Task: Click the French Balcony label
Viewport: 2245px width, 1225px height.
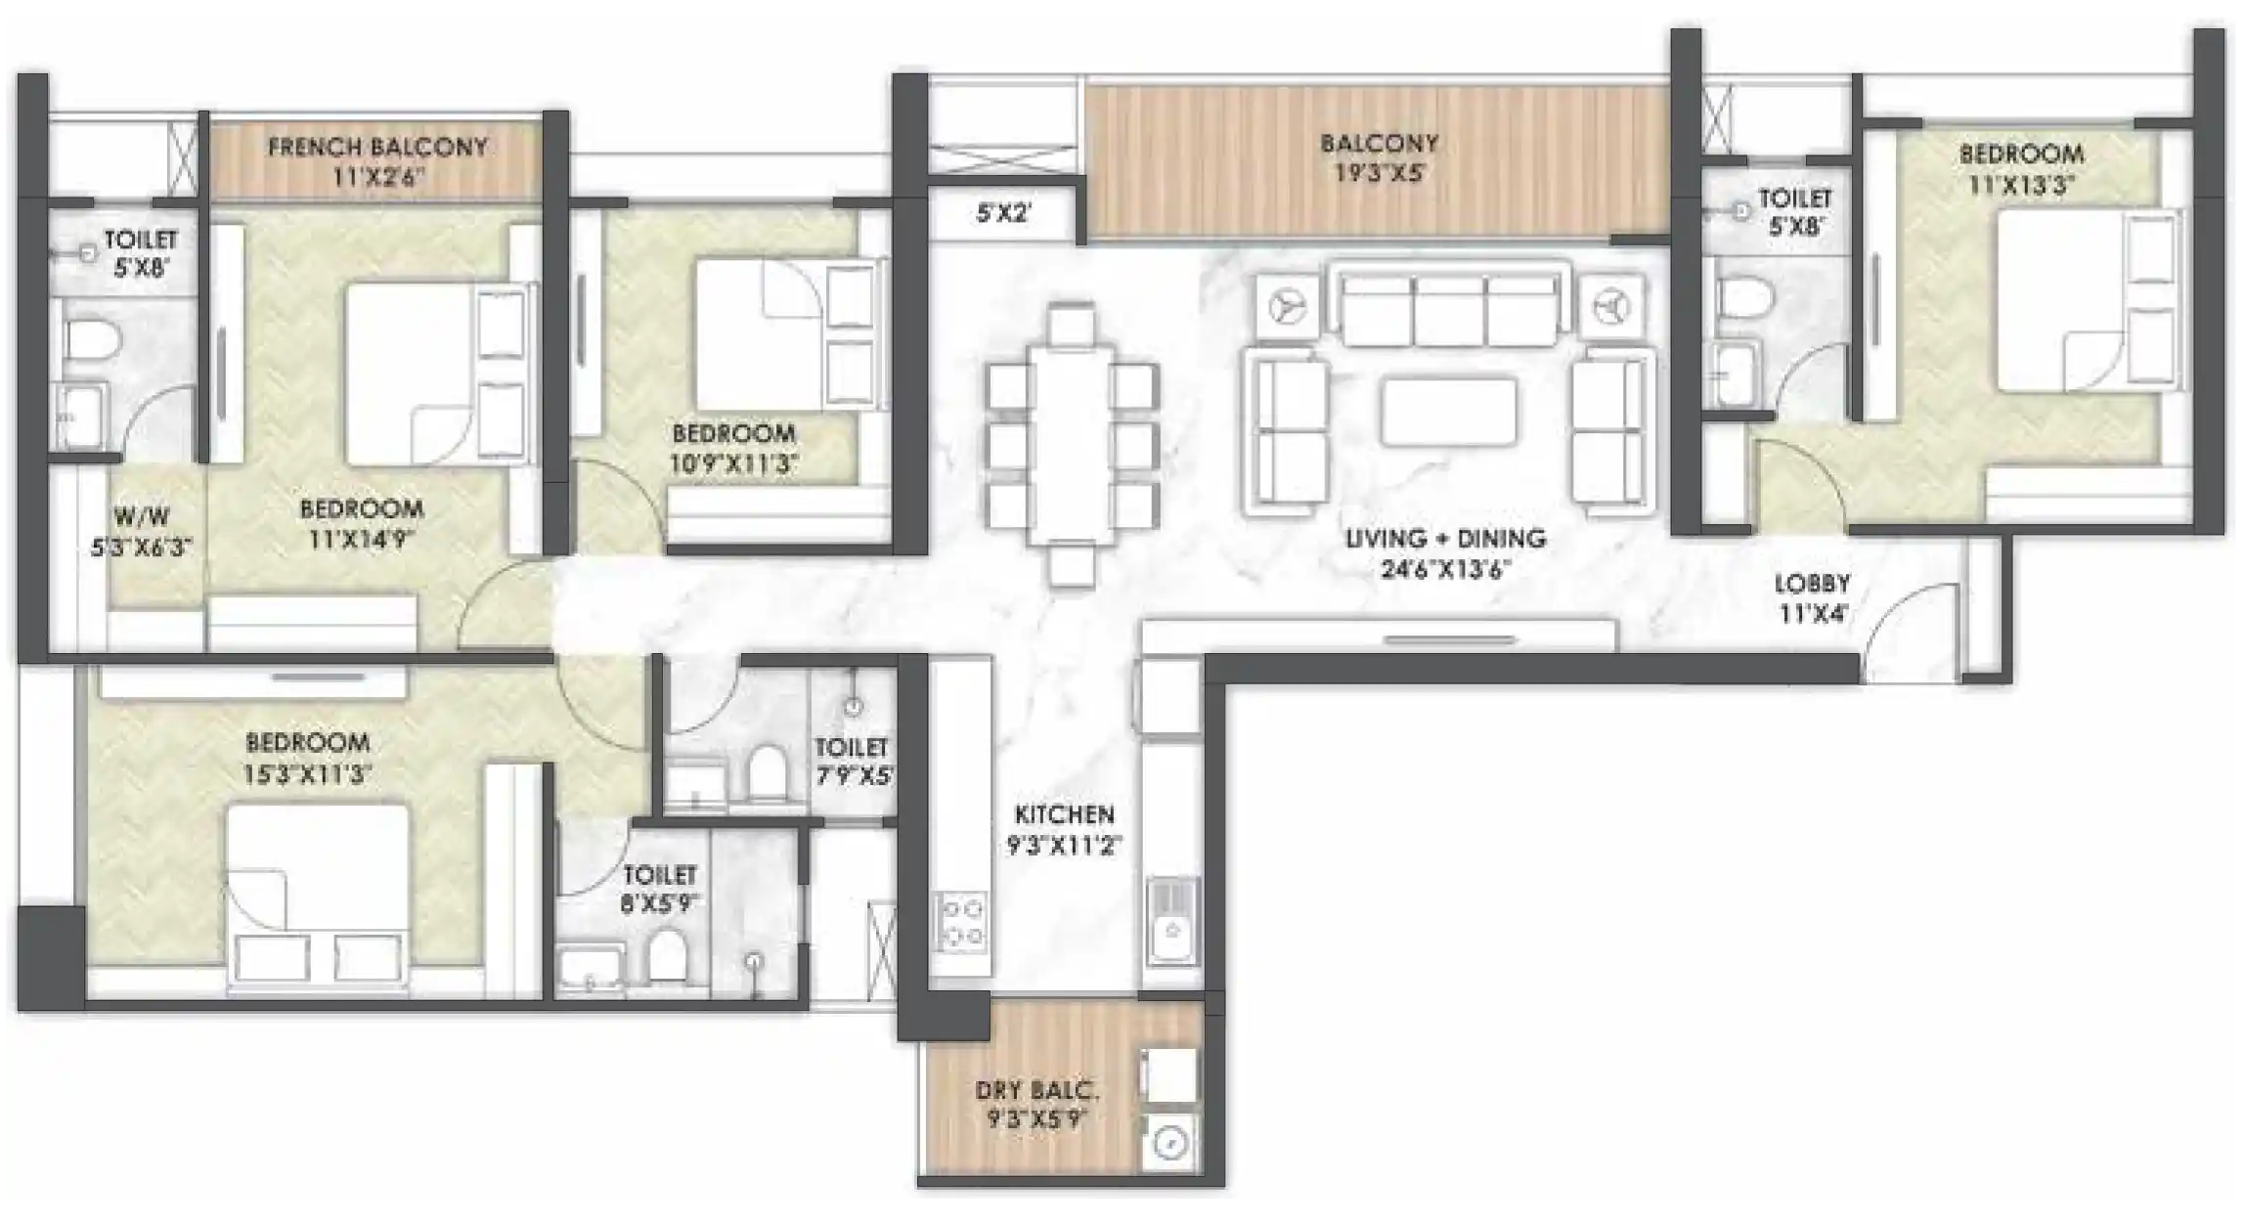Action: click(377, 148)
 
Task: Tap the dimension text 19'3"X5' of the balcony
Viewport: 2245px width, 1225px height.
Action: click(1379, 174)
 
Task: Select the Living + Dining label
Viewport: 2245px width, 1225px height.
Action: click(1444, 539)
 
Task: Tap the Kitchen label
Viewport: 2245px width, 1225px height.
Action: click(1064, 814)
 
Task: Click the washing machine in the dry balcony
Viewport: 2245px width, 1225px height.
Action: click(1170, 1142)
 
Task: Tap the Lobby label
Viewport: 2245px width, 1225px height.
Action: click(1812, 584)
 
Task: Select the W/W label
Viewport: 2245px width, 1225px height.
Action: click(142, 516)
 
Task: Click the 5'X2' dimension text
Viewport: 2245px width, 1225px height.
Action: click(1003, 212)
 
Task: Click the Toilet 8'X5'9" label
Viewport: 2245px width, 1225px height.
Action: click(660, 874)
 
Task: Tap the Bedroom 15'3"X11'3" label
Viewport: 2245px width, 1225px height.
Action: click(307, 742)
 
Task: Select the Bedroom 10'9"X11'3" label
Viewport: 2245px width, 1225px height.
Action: click(733, 433)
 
